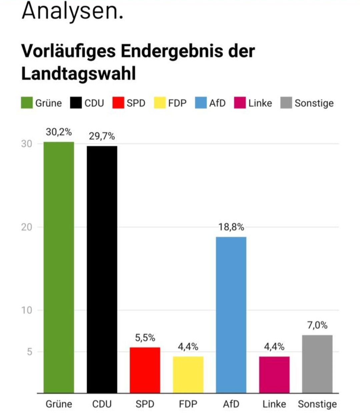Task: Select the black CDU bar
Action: [102, 269]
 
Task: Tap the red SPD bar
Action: [145, 370]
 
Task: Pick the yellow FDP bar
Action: [188, 375]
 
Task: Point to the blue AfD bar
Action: [231, 315]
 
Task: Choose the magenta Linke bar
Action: [274, 375]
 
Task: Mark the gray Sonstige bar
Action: [317, 364]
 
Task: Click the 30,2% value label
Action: [59, 132]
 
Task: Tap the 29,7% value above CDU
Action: [102, 136]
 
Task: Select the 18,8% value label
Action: [231, 227]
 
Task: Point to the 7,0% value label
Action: [317, 325]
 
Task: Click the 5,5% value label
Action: [145, 338]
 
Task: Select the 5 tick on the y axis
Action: [30, 352]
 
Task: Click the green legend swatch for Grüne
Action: [27, 103]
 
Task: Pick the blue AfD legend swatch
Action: [201, 103]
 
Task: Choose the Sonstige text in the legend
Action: [314, 103]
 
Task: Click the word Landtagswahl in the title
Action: [79, 74]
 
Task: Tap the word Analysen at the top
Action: [72, 11]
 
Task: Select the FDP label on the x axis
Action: [188, 404]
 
